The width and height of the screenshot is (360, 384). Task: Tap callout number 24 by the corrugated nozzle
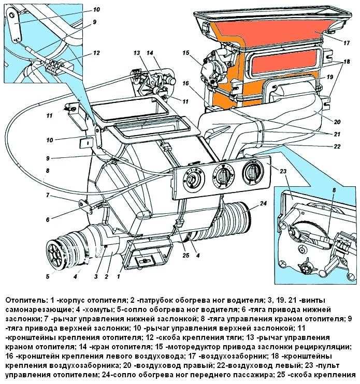[x=264, y=204]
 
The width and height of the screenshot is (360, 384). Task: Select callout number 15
[x=186, y=52]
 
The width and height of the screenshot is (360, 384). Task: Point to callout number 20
[x=337, y=122]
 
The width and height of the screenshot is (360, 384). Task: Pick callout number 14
[x=150, y=53]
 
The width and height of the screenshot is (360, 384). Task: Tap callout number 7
[x=47, y=195]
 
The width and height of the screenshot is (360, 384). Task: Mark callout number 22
[x=338, y=146]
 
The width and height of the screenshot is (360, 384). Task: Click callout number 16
[x=186, y=83]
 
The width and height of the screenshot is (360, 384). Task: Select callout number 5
[x=47, y=276]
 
